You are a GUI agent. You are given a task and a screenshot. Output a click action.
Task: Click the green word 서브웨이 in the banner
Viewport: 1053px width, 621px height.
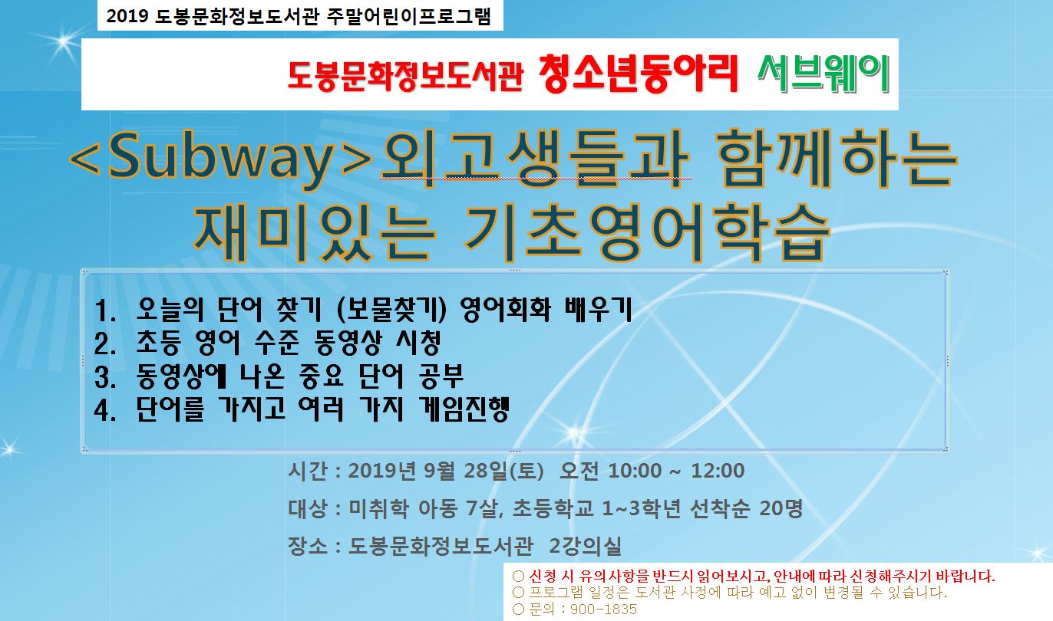click(x=823, y=74)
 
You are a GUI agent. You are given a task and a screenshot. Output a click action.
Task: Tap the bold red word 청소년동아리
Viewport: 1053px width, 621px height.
click(x=638, y=74)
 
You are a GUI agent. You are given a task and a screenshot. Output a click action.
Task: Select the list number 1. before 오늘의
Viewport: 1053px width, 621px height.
click(x=104, y=310)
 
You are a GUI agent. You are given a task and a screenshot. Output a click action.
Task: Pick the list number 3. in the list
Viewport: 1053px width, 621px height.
click(x=104, y=377)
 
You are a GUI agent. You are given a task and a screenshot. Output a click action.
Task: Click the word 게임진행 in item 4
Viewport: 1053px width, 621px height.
click(x=464, y=409)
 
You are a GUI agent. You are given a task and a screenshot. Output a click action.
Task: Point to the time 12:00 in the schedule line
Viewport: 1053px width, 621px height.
click(x=718, y=471)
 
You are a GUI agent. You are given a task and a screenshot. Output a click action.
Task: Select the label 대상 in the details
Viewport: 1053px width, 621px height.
click(x=308, y=508)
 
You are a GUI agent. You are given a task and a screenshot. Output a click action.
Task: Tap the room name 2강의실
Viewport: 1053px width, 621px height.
click(x=585, y=546)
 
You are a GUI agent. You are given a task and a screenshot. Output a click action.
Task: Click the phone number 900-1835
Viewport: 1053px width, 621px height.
click(x=603, y=609)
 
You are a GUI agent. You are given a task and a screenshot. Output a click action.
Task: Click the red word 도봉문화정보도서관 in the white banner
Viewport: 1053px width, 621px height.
click(x=405, y=76)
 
